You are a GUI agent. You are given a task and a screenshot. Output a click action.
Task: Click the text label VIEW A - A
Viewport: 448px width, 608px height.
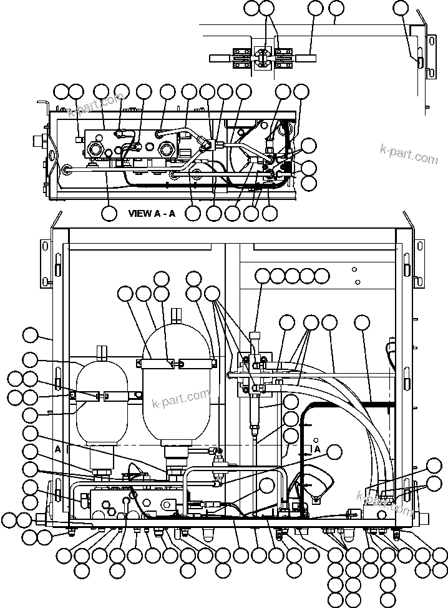pos(152,213)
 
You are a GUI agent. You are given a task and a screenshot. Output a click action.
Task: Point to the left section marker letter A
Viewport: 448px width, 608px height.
pos(58,449)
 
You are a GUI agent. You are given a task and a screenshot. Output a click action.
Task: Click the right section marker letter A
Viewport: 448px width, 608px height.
pos(318,449)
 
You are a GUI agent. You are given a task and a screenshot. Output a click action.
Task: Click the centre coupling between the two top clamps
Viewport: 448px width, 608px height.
pos(262,59)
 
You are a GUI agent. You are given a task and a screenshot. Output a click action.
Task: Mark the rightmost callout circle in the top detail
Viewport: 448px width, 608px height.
pos(401,8)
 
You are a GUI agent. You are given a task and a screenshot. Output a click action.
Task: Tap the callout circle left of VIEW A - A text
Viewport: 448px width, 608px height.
pos(109,212)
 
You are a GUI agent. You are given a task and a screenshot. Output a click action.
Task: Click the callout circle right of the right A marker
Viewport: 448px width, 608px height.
pos(335,453)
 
